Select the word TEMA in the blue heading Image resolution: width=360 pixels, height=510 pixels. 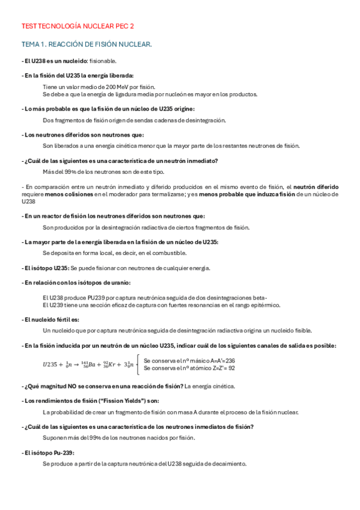[x=29, y=45]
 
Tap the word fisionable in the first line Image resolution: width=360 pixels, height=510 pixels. [x=103, y=61]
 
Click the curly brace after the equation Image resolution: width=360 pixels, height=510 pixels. [x=139, y=363]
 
